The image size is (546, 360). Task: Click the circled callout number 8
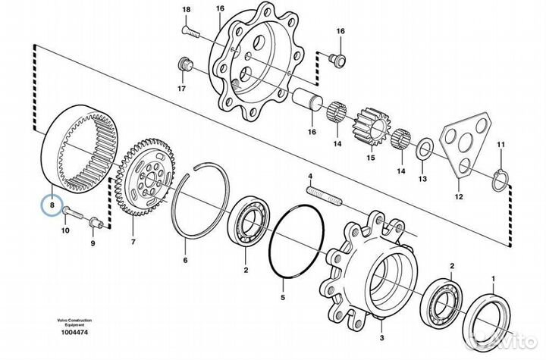(x=52, y=205)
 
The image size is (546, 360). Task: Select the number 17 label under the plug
(x=182, y=89)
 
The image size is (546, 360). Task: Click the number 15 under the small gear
(x=371, y=158)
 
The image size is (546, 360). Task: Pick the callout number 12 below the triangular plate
(x=457, y=196)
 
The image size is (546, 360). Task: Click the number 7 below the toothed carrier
(x=133, y=243)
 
